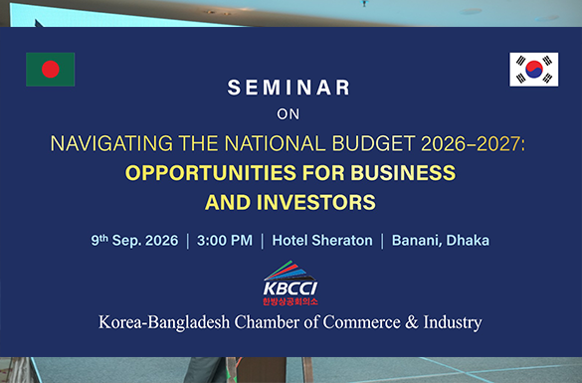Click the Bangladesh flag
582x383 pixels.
click(x=51, y=70)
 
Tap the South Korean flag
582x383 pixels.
click(x=533, y=70)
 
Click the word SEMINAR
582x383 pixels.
click(x=289, y=88)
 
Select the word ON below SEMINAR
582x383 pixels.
click(x=289, y=114)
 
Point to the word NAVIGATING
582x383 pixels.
click(x=111, y=143)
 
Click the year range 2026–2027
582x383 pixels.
click(x=471, y=144)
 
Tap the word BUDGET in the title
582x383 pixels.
click(x=373, y=143)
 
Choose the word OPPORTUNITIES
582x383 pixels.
click(x=211, y=173)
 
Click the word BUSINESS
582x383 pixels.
click(x=403, y=173)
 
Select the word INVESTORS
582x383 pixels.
click(x=315, y=203)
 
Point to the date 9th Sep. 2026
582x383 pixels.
click(x=134, y=240)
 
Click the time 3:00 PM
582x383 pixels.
click(x=225, y=241)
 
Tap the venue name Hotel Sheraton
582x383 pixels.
click(x=322, y=241)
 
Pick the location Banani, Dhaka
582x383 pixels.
click(x=441, y=241)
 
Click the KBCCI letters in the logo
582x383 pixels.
click(x=291, y=288)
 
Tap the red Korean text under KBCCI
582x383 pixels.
click(x=291, y=301)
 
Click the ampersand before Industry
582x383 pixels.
click(x=412, y=322)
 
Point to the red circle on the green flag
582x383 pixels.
click(x=51, y=70)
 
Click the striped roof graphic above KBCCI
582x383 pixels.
click(x=290, y=271)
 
